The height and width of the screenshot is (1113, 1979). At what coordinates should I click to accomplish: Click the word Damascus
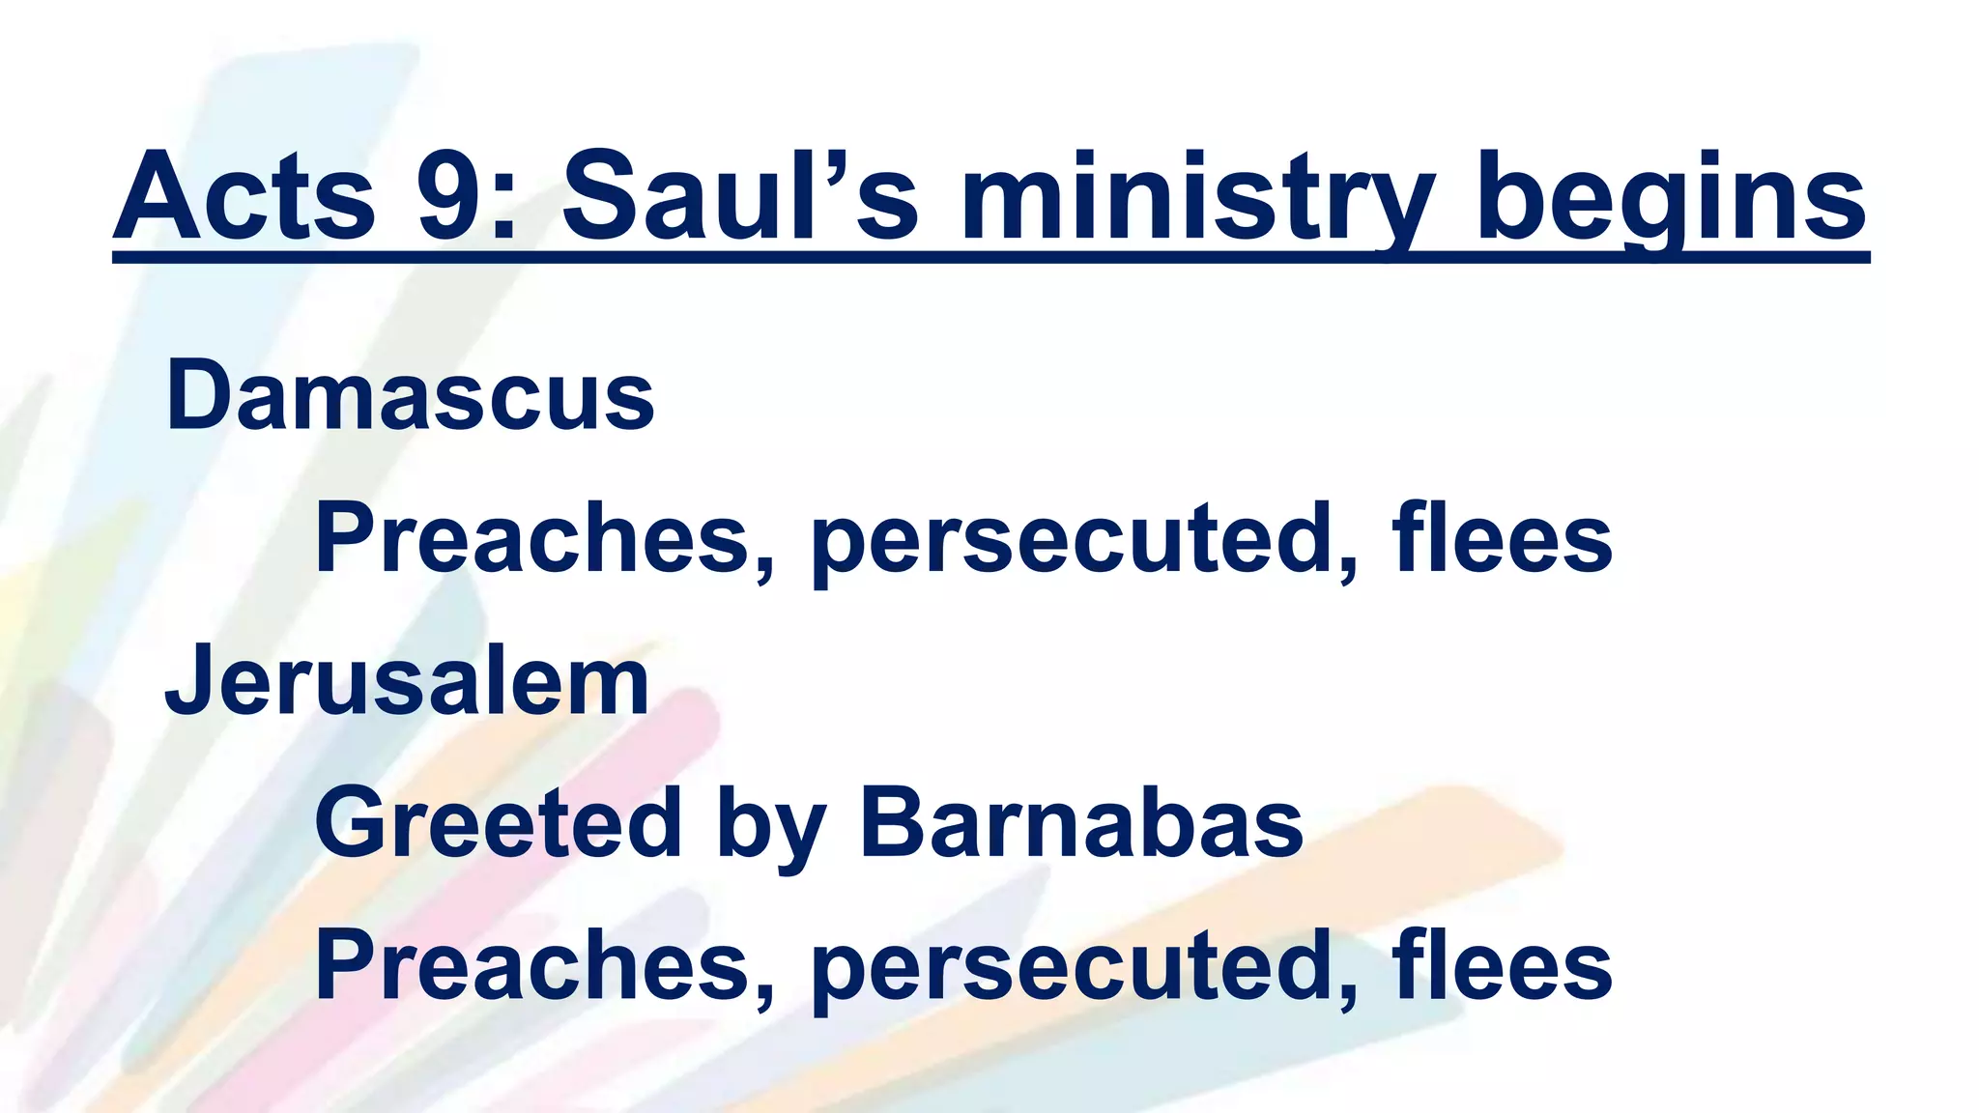pyautogui.click(x=411, y=396)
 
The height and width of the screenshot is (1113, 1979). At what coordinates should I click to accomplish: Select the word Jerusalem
pyautogui.click(x=407, y=681)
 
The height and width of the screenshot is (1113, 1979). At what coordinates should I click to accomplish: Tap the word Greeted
pyautogui.click(x=499, y=823)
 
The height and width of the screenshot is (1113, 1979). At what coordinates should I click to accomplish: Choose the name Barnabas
pyautogui.click(x=1081, y=823)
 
